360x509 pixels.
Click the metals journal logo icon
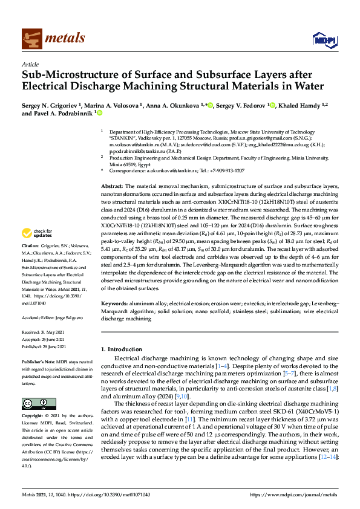[x=31, y=38]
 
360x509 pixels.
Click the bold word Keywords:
[x=114, y=302]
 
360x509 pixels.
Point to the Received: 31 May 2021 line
[x=44, y=333]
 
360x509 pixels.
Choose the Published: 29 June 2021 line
[x=46, y=347]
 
